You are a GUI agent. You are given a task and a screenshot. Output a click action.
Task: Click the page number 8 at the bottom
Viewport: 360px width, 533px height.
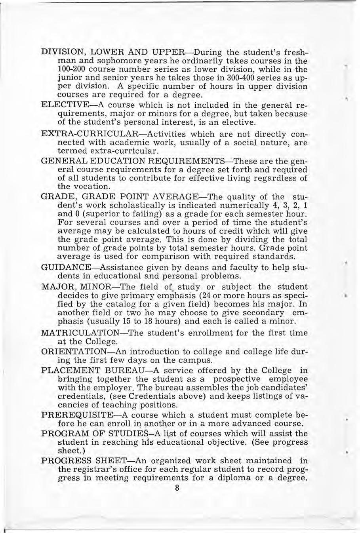tap(177, 488)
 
